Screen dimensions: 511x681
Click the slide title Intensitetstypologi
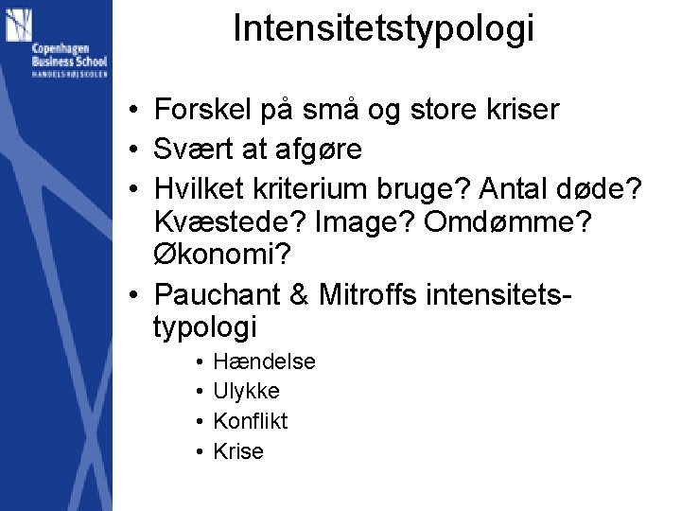(x=383, y=28)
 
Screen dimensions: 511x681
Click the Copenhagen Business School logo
(x=56, y=44)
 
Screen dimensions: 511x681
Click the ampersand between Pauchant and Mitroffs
(x=300, y=295)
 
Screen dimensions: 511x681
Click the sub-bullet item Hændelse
(x=264, y=361)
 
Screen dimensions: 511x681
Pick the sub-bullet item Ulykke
(x=246, y=391)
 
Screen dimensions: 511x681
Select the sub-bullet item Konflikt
(x=251, y=421)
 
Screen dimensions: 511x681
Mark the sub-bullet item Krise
(x=238, y=451)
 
